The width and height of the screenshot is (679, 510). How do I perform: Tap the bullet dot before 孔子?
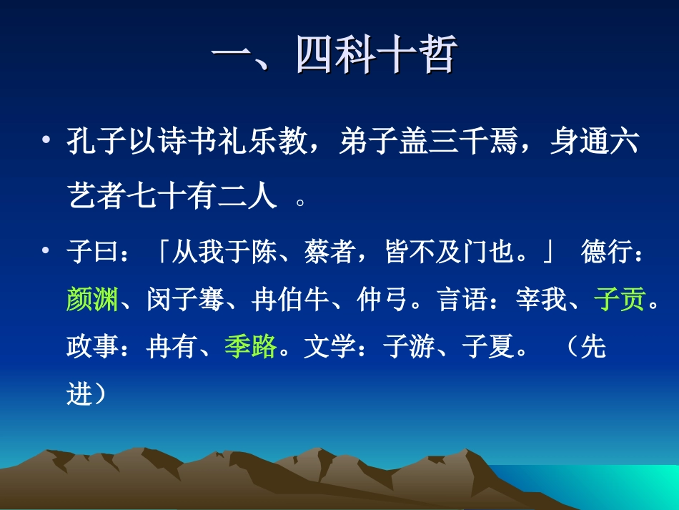click(x=46, y=139)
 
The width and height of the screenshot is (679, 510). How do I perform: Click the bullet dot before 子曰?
click(x=46, y=250)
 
